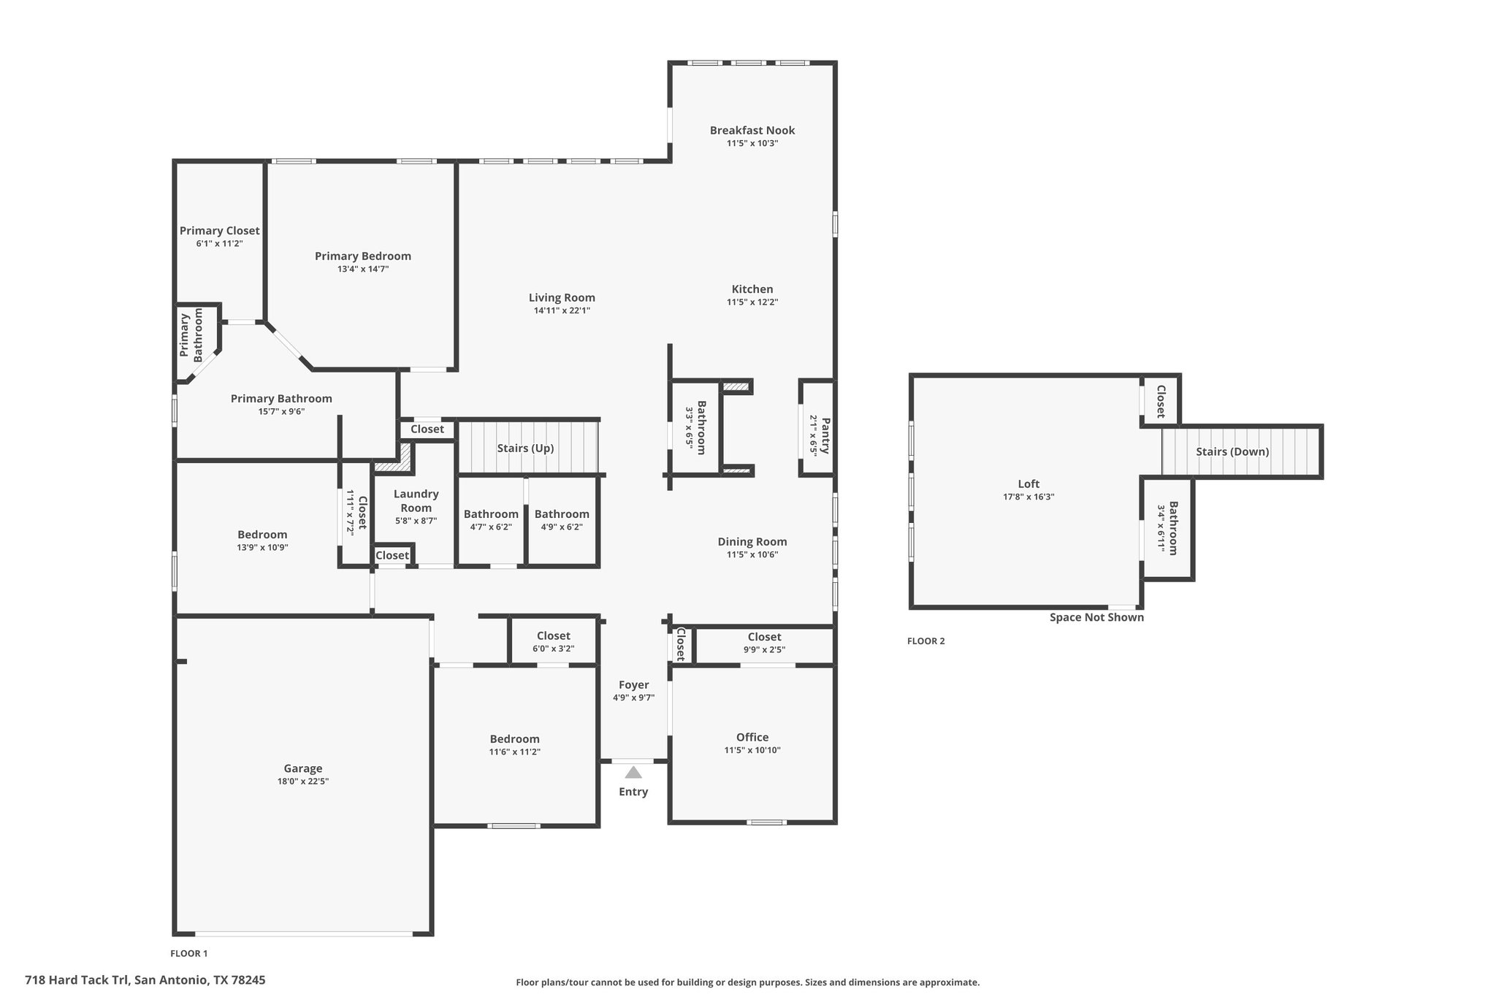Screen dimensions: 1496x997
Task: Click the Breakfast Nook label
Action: click(752, 130)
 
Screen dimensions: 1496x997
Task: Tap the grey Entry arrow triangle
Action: click(633, 772)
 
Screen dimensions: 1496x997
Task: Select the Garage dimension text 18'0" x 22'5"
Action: click(302, 782)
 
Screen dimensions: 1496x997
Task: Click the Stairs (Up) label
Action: click(525, 448)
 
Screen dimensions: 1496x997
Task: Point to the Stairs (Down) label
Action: click(1232, 451)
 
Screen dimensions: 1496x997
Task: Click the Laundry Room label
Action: click(416, 501)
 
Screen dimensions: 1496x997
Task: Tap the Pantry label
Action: click(826, 435)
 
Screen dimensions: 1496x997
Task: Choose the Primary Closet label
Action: click(219, 231)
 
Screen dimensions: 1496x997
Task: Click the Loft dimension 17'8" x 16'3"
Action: click(1028, 497)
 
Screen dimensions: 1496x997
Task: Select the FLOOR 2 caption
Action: click(926, 641)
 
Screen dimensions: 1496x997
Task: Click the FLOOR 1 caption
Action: click(189, 953)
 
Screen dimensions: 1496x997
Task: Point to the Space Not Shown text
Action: click(1096, 617)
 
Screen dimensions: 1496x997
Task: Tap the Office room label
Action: click(752, 737)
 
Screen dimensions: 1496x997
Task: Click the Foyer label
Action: click(633, 685)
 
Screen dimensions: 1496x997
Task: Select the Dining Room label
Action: click(752, 541)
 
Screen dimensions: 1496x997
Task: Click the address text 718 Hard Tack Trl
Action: click(76, 979)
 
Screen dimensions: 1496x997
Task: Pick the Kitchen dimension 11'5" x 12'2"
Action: click(752, 302)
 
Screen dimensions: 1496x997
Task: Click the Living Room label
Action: click(562, 297)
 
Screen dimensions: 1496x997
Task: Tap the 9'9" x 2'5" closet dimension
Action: click(765, 649)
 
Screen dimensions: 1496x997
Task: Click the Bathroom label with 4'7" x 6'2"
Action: click(491, 514)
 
